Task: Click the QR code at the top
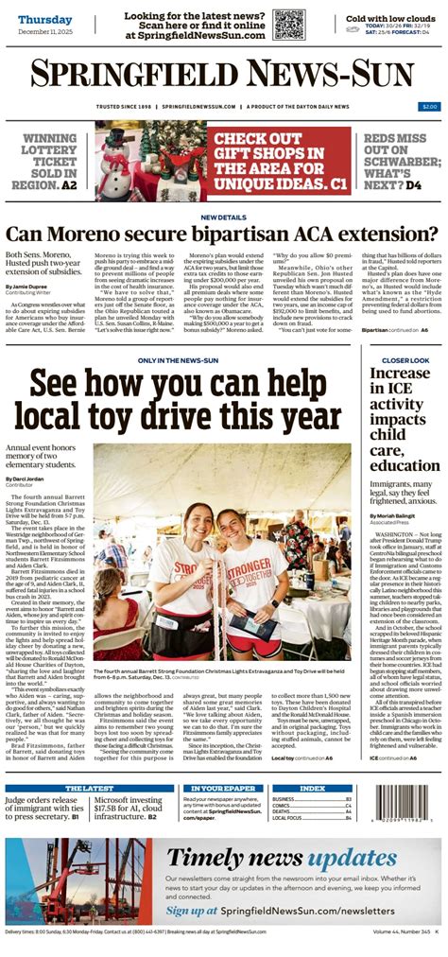[x=288, y=23]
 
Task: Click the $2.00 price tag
[x=429, y=106]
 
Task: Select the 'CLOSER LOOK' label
[x=405, y=360]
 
